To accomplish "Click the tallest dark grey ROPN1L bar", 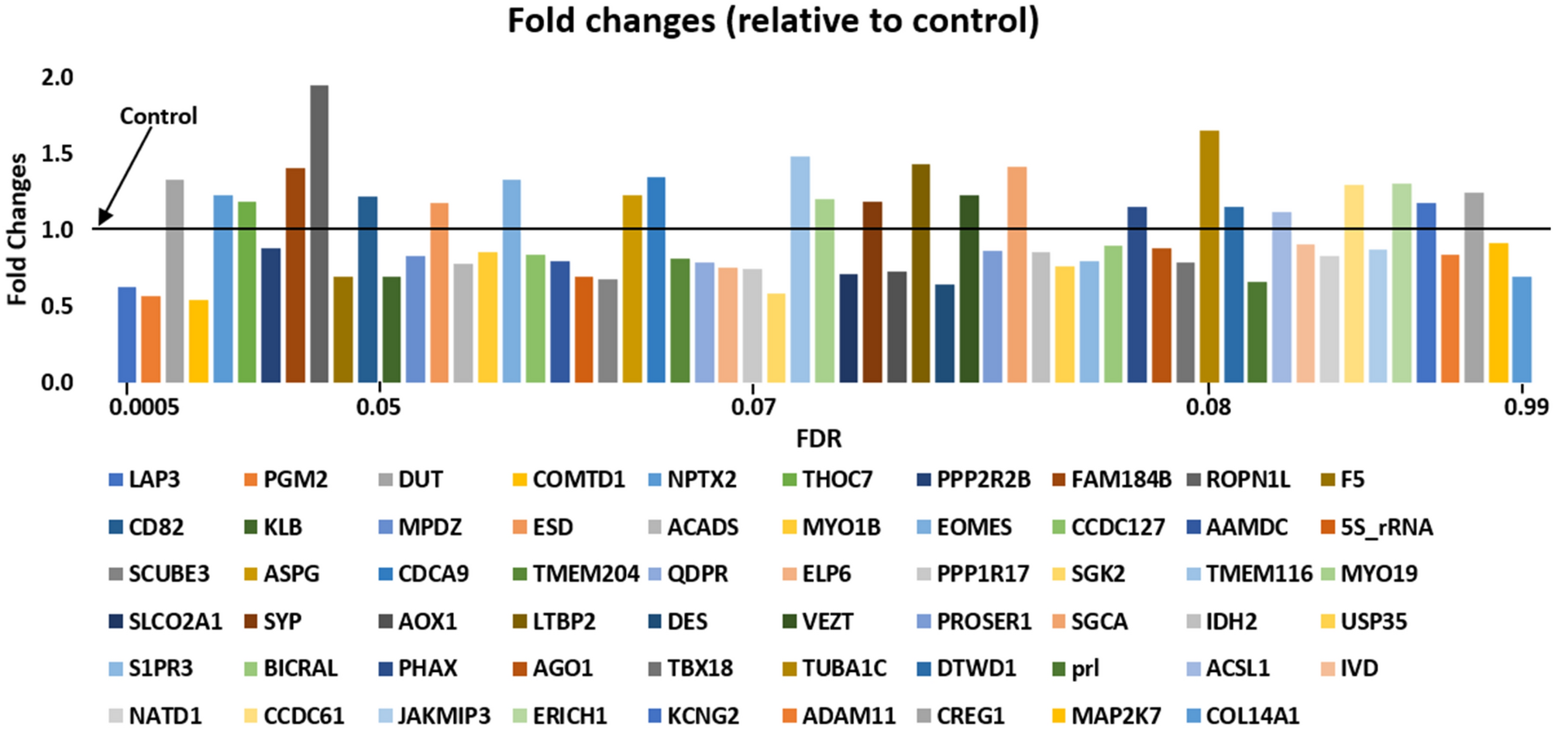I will coord(318,232).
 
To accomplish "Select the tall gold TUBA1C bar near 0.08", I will coord(1209,256).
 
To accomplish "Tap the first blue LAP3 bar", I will coord(127,334).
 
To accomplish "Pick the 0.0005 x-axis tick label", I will coord(144,407).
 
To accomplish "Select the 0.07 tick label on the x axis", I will coord(753,407).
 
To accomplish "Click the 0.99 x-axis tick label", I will coord(1526,407).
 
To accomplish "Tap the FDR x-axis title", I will coord(818,439).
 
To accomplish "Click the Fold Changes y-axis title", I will coord(17,229).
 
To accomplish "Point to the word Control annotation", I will coord(158,116).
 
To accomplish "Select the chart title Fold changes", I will coord(772,21).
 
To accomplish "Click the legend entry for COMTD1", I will coord(577,480).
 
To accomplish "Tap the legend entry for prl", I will coord(1084,668).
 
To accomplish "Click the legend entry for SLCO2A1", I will coord(174,622).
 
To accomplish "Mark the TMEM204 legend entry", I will coord(584,574).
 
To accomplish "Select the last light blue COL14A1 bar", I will coord(1522,329).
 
